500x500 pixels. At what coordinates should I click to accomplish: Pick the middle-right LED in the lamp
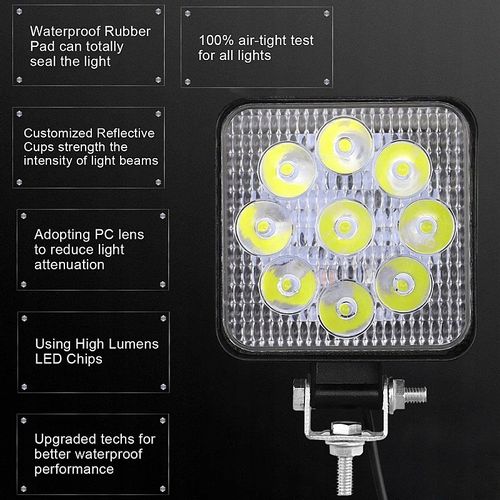(424, 226)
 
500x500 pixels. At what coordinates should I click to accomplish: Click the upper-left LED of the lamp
(289, 167)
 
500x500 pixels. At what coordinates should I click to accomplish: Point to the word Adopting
(61, 234)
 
